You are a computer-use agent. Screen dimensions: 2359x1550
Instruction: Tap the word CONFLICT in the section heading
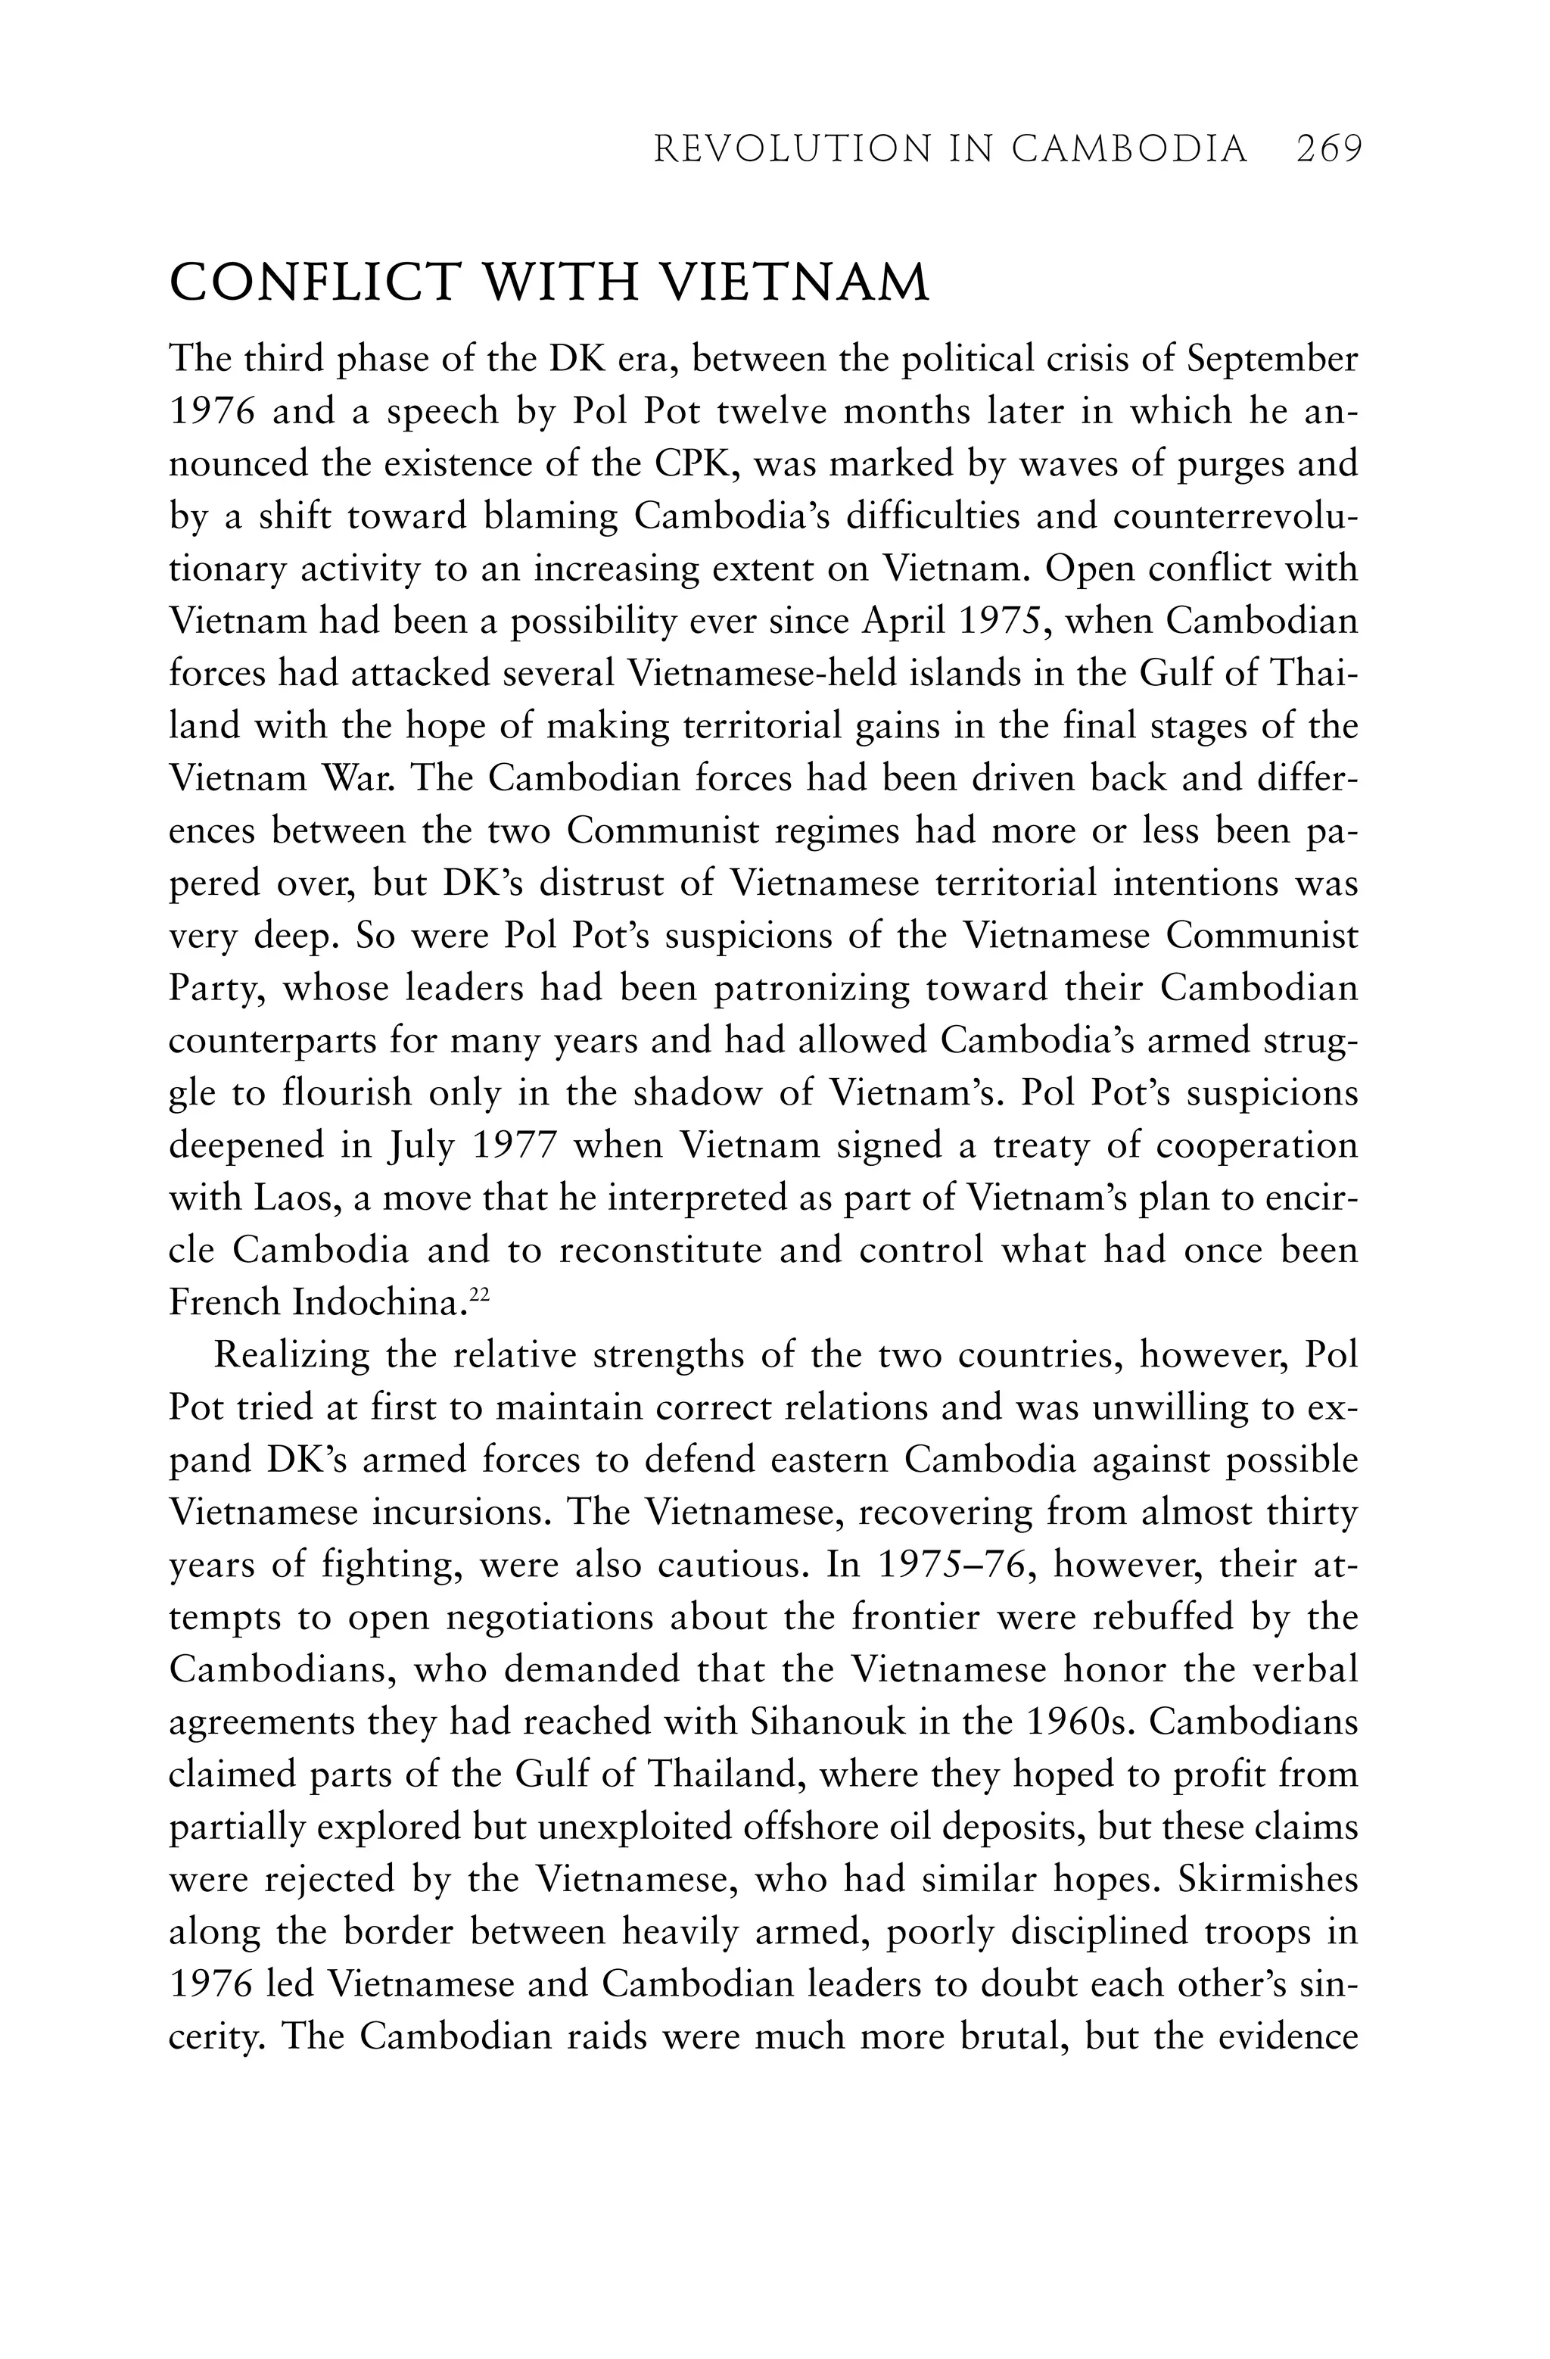click(x=313, y=283)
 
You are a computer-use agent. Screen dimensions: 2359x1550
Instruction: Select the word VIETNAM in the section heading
click(x=794, y=283)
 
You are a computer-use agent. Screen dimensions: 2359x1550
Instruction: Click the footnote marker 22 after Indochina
click(x=480, y=1292)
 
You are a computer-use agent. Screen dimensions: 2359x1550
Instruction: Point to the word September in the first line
click(x=1272, y=359)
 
